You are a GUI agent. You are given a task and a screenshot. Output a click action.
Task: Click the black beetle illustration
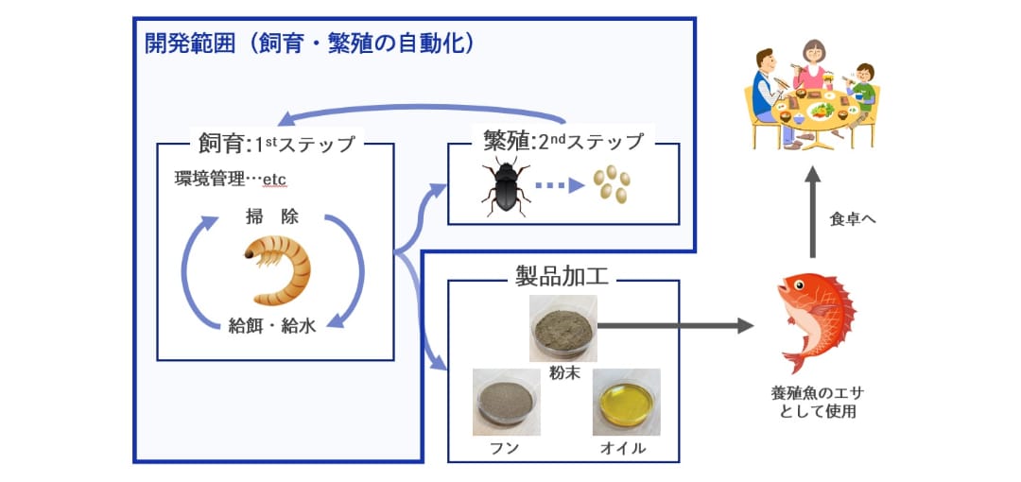click(x=506, y=185)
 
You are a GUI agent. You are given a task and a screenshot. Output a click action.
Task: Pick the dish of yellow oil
click(x=627, y=402)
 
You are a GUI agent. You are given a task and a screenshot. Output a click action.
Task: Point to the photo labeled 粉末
click(x=563, y=328)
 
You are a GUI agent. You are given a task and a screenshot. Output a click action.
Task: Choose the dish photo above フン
click(x=506, y=402)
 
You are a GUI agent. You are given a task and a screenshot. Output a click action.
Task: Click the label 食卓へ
click(x=853, y=219)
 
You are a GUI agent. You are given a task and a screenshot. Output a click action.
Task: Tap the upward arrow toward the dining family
click(x=812, y=212)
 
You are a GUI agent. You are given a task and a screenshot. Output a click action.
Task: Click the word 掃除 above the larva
click(x=272, y=216)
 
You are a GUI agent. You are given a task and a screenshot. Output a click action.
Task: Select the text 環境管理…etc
click(x=231, y=179)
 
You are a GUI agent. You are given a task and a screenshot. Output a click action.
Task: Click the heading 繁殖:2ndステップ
click(x=563, y=141)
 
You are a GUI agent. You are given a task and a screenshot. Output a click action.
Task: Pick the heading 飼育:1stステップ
click(x=277, y=144)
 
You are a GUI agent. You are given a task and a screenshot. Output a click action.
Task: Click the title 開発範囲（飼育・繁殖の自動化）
click(x=308, y=43)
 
